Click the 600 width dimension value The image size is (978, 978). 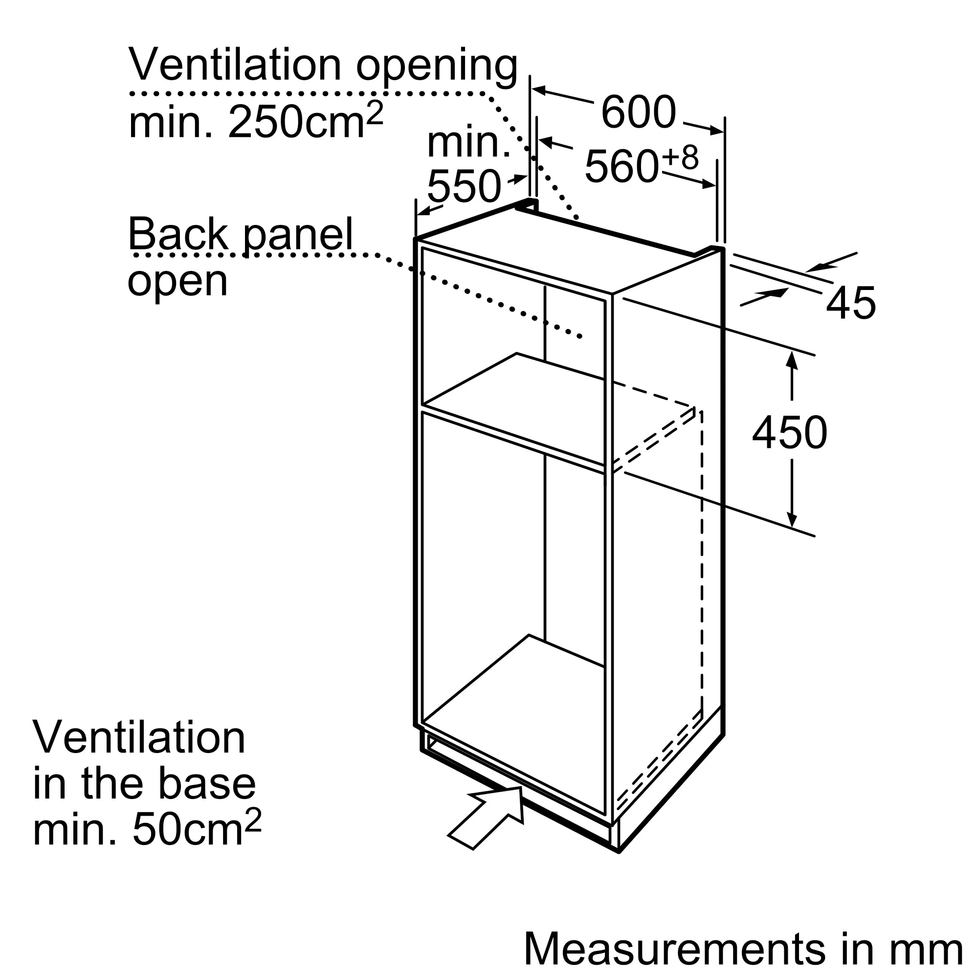click(638, 112)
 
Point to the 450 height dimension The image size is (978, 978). click(790, 432)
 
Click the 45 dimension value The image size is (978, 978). click(850, 302)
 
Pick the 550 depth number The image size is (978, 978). click(464, 186)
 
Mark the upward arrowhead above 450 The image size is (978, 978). click(792, 360)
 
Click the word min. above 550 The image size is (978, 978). click(469, 142)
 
